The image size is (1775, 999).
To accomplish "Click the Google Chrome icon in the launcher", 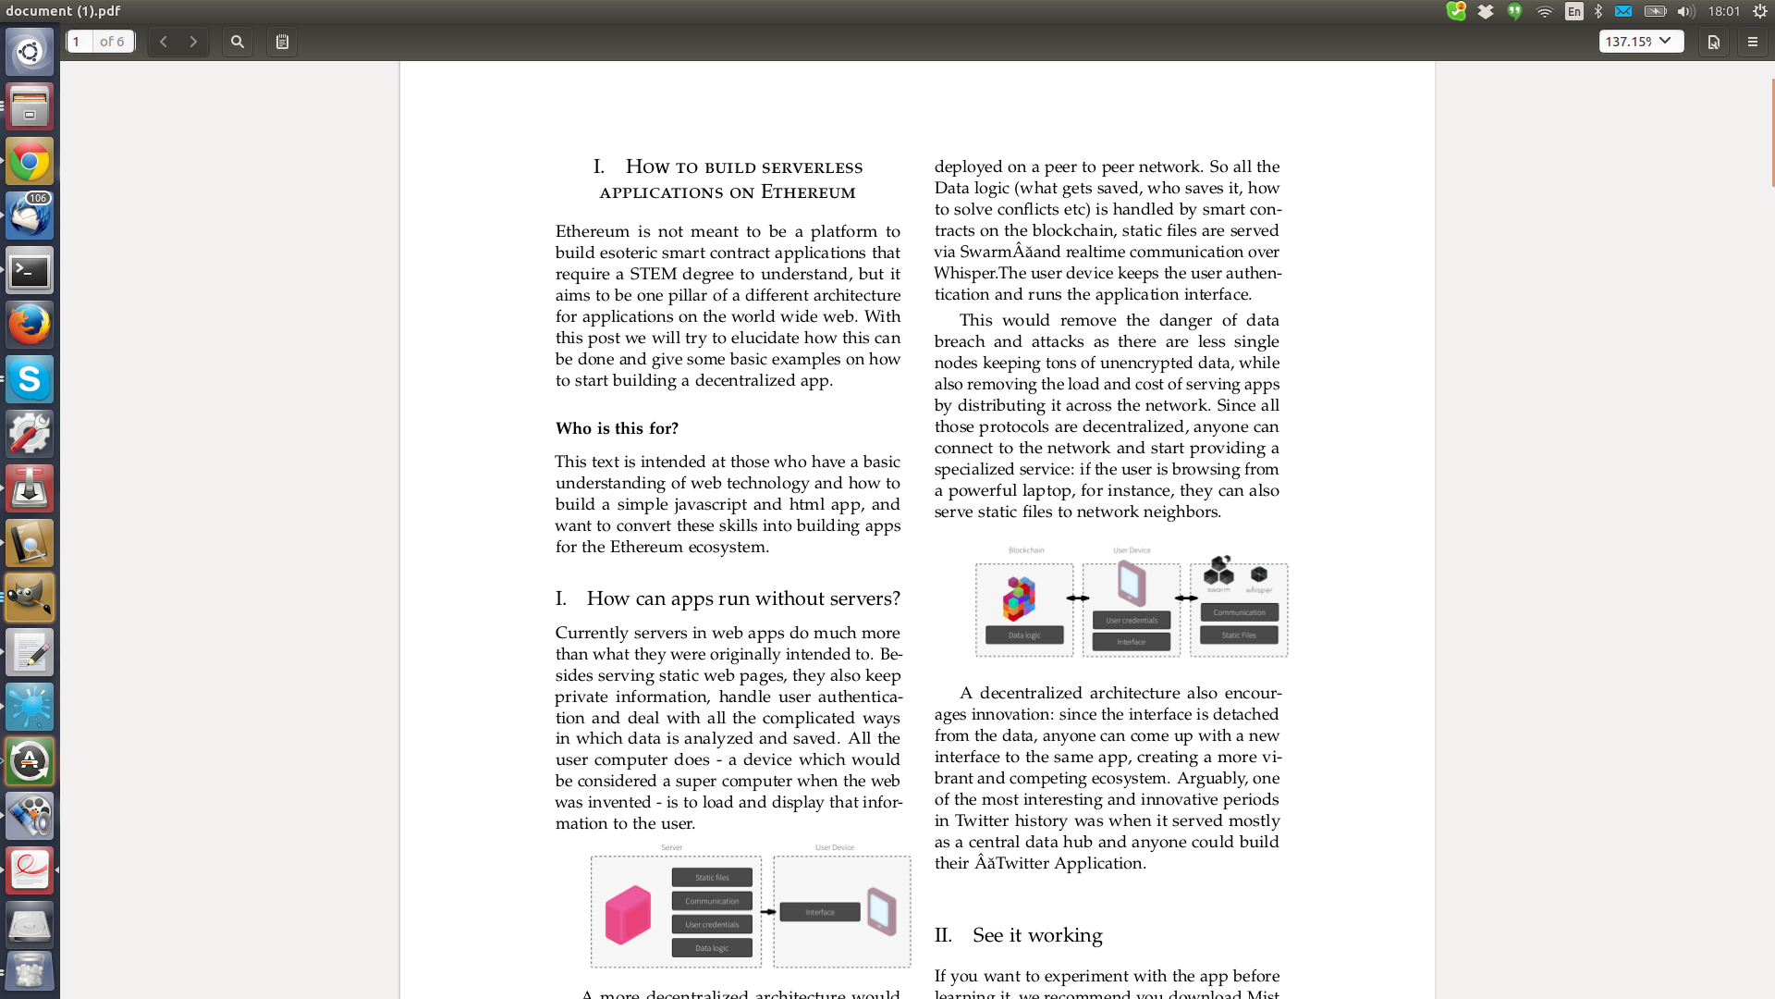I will click(x=30, y=162).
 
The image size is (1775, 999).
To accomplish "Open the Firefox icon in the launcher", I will click(x=30, y=325).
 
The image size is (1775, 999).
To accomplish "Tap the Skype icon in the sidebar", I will click(x=30, y=379).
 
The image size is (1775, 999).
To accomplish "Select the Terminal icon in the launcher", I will click(x=30, y=271).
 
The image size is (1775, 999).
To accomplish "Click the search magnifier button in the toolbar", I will click(x=238, y=42).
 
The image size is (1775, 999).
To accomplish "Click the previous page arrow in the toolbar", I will click(x=164, y=42).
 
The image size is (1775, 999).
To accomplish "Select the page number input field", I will click(x=80, y=42).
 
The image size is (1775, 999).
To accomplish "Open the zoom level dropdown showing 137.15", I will click(x=1640, y=42).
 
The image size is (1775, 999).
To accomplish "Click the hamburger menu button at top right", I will click(x=1752, y=42).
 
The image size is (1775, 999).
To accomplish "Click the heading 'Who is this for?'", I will click(x=617, y=428).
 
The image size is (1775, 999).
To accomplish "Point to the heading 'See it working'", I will click(x=1037, y=935).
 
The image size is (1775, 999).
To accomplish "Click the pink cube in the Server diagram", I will click(x=628, y=915).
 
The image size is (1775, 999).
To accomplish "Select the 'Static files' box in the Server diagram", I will click(x=712, y=878).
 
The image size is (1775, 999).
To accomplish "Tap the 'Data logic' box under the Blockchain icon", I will click(x=1024, y=635).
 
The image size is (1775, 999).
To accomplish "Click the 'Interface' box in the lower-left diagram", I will click(x=820, y=912).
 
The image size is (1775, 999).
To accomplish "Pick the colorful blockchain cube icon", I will click(x=1020, y=598).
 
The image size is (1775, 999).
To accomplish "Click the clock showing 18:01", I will click(x=1723, y=11).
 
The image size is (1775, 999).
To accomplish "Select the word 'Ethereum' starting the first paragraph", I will click(x=592, y=231).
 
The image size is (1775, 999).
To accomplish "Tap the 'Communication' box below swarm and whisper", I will click(x=1239, y=612).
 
